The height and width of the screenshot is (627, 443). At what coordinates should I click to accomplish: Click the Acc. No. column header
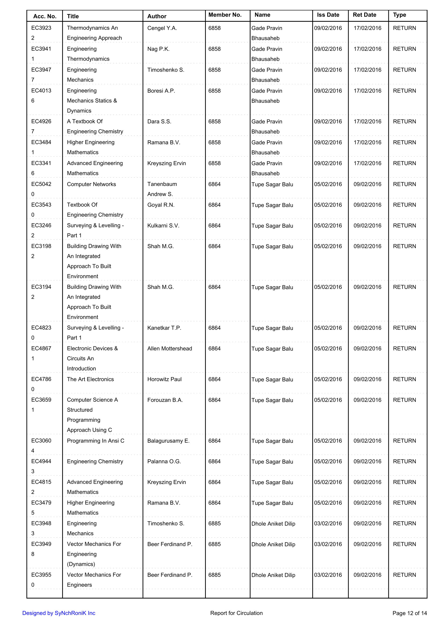45,16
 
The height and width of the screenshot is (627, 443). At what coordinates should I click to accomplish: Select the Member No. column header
225,15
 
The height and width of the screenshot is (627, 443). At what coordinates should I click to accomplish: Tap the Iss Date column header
328,15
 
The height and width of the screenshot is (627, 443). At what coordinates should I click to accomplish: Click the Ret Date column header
364,15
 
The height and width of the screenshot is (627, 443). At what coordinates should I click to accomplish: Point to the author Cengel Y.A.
162,28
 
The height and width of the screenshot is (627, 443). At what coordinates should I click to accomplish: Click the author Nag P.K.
158,49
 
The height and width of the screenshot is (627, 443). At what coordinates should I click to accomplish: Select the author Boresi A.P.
161,91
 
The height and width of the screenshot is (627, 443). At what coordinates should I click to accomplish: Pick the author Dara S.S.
159,122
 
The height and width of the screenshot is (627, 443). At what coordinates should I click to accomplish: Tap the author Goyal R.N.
161,205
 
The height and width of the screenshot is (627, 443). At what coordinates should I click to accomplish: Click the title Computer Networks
91,184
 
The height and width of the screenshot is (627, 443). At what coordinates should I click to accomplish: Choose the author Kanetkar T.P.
164,328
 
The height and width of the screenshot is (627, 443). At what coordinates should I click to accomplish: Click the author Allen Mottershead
170,349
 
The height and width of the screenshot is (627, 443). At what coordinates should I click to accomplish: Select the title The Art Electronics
90,379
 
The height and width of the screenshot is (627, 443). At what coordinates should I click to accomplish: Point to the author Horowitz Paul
165,379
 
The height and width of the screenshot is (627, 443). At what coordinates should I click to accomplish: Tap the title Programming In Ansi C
95,441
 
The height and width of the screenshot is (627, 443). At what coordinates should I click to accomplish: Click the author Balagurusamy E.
168,441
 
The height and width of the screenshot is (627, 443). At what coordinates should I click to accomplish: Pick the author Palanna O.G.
164,461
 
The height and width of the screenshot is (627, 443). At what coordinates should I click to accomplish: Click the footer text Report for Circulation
236,613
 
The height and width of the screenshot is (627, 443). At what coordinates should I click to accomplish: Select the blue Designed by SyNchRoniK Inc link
59,613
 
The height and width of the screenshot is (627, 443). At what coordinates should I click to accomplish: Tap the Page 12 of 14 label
410,613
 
